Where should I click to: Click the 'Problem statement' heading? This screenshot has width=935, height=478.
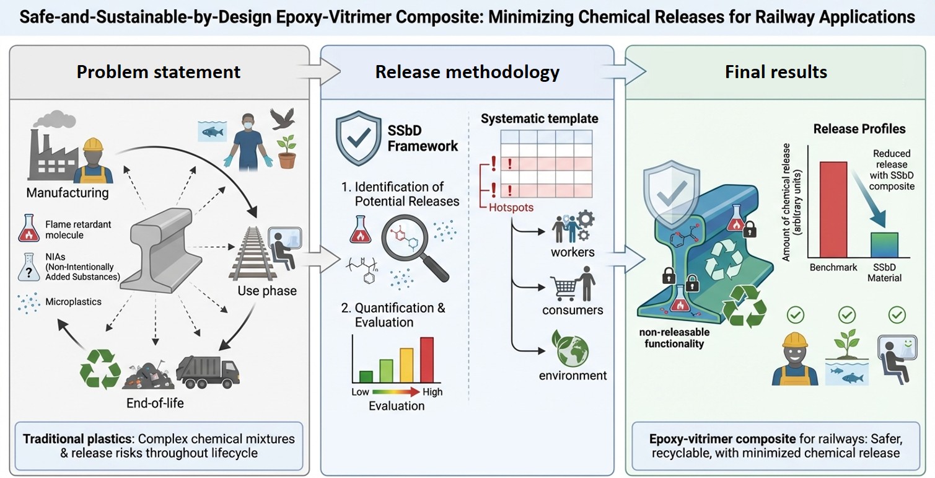(158, 72)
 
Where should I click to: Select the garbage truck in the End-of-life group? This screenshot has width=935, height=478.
(208, 372)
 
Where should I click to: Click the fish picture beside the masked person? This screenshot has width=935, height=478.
(211, 131)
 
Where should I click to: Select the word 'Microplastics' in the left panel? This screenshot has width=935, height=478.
(73, 302)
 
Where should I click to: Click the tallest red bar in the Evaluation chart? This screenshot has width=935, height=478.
(426, 360)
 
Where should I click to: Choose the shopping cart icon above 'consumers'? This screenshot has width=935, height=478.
(561, 286)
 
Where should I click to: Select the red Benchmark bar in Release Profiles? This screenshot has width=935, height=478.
(833, 209)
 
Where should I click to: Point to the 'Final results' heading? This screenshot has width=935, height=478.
(776, 72)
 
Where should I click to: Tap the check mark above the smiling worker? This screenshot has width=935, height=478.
(796, 316)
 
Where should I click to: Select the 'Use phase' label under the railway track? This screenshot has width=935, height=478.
(267, 291)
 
